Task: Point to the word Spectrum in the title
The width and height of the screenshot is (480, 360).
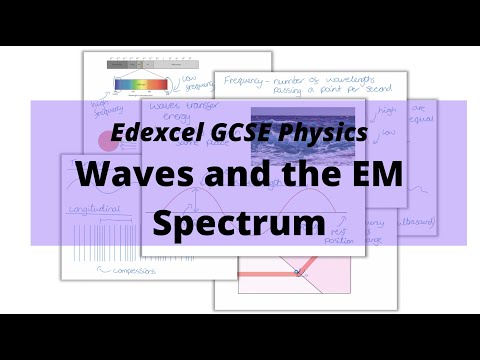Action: [x=240, y=222]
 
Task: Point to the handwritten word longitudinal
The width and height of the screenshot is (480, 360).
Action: [x=93, y=210]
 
